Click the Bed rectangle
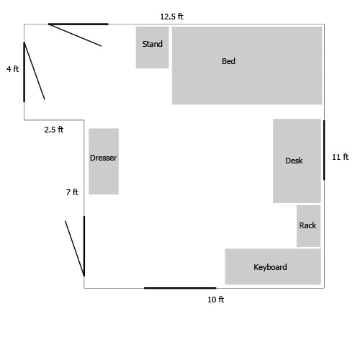[247, 66]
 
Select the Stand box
[153, 48]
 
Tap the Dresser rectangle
[104, 161]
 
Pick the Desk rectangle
[297, 161]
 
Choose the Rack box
[309, 226]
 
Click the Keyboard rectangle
[273, 266]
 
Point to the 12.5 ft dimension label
[171, 17]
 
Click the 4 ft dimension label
[12, 69]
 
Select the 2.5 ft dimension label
[54, 130]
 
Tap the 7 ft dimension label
[72, 192]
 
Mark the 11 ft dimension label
[340, 157]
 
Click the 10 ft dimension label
[216, 300]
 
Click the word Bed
[228, 61]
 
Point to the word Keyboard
[270, 267]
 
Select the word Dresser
[104, 158]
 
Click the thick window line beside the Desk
[324, 150]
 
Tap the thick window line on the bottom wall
[180, 288]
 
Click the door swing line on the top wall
[75, 35]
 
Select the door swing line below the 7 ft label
[74, 248]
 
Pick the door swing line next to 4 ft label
[35, 71]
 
